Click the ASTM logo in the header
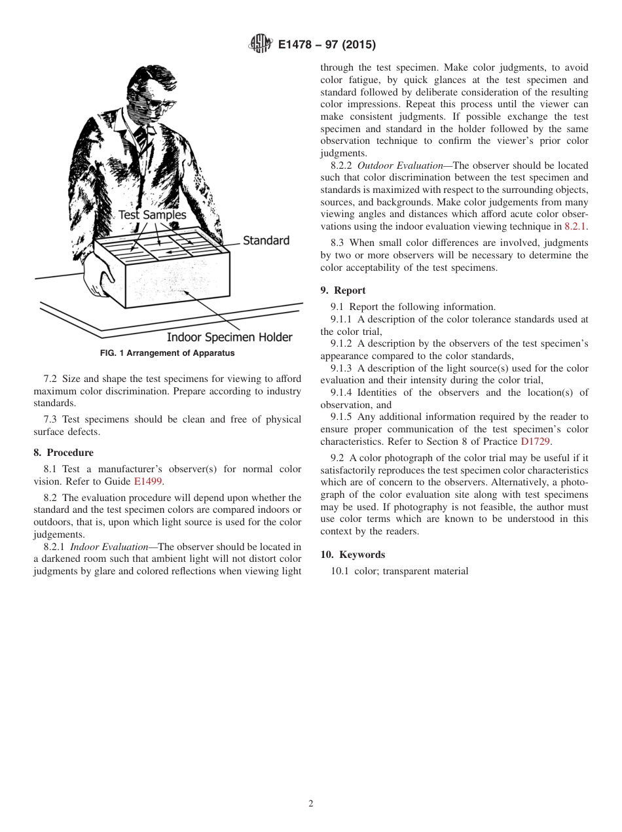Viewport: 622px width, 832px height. coord(261,44)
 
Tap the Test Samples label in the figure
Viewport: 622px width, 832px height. coord(152,215)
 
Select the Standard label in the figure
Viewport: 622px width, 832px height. coord(266,240)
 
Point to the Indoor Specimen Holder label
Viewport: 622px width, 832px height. coord(229,338)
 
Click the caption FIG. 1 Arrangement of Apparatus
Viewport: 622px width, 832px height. coord(167,353)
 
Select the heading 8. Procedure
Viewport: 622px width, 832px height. coord(64,453)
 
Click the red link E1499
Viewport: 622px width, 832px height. coord(147,481)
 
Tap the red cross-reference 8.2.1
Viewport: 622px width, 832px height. coord(576,226)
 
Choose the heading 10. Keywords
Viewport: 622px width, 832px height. coord(352,555)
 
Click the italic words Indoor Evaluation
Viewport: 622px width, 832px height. coord(109,547)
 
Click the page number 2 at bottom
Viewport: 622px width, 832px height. coord(311,804)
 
